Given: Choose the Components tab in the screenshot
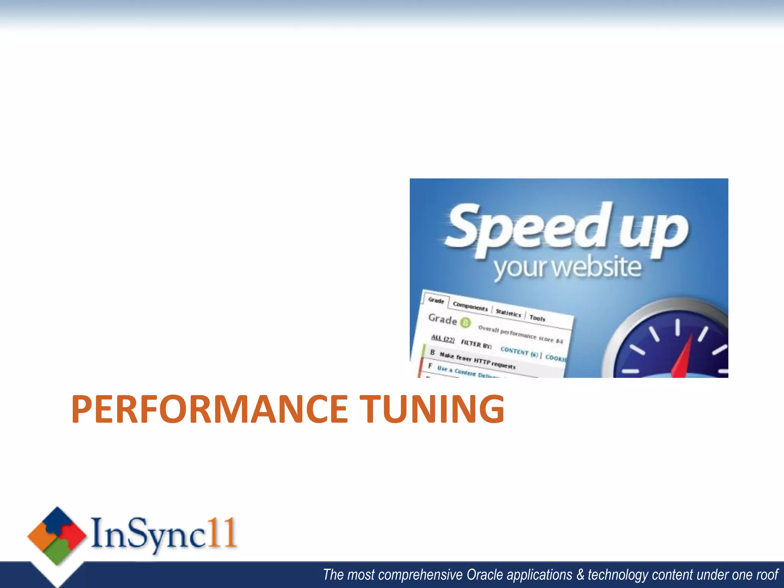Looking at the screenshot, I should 470,307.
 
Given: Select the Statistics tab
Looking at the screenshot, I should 508,313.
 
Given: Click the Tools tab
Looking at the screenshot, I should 537,318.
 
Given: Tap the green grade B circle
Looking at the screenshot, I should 465,323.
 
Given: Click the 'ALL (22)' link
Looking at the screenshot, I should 443,339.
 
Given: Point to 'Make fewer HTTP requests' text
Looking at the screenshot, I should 477,360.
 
